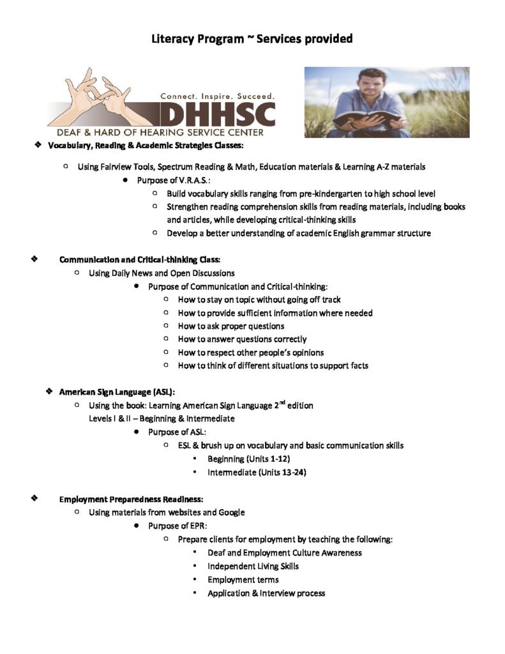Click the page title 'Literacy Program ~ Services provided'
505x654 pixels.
(252, 39)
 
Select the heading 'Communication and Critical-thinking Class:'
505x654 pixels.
(140, 259)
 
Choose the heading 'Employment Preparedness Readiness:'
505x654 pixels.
(131, 499)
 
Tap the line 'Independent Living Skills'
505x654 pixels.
(253, 566)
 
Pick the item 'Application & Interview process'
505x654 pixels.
(266, 593)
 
